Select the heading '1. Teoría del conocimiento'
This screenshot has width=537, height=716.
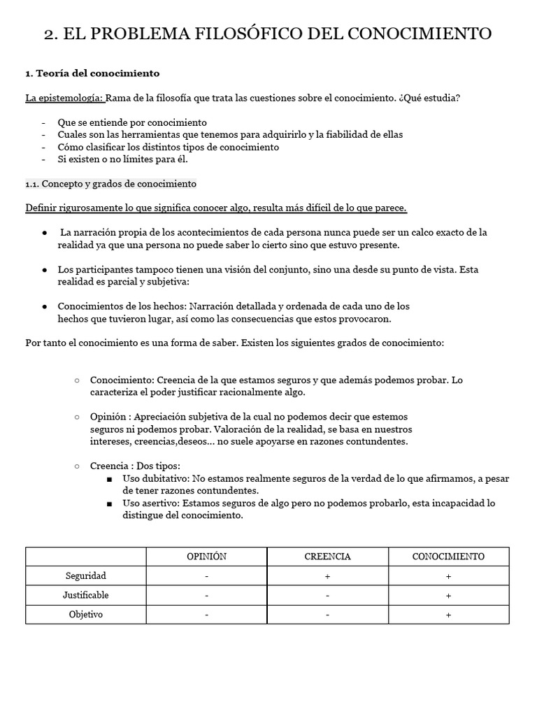point(92,73)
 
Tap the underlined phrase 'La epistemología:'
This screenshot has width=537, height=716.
point(64,98)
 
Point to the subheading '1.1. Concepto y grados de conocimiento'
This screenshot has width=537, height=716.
point(110,184)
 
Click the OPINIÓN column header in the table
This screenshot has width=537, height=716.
point(206,557)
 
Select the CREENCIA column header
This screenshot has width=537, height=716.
point(327,557)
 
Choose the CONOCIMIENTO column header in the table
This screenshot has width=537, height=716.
point(448,557)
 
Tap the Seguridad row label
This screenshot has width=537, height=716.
point(85,576)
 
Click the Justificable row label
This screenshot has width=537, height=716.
point(85,595)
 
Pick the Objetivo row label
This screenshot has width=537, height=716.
point(85,615)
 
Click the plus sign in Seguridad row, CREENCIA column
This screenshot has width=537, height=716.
point(327,576)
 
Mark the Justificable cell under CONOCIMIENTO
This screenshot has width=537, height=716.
point(448,596)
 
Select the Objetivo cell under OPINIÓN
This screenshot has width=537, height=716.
point(206,615)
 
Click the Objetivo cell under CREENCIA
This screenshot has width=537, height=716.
point(327,615)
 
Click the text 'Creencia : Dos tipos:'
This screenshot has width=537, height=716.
point(135,466)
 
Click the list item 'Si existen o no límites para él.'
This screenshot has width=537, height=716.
point(123,159)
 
